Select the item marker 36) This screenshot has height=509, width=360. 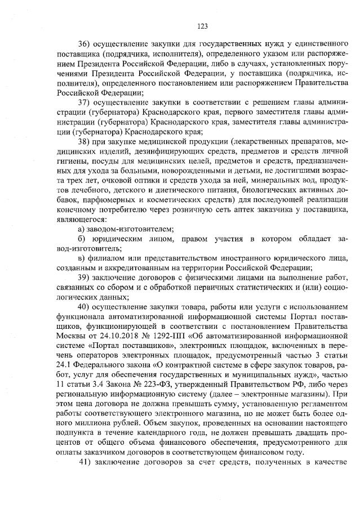click(84, 43)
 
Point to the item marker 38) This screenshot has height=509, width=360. click(84, 140)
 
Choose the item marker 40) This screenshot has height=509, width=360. click(84, 306)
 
